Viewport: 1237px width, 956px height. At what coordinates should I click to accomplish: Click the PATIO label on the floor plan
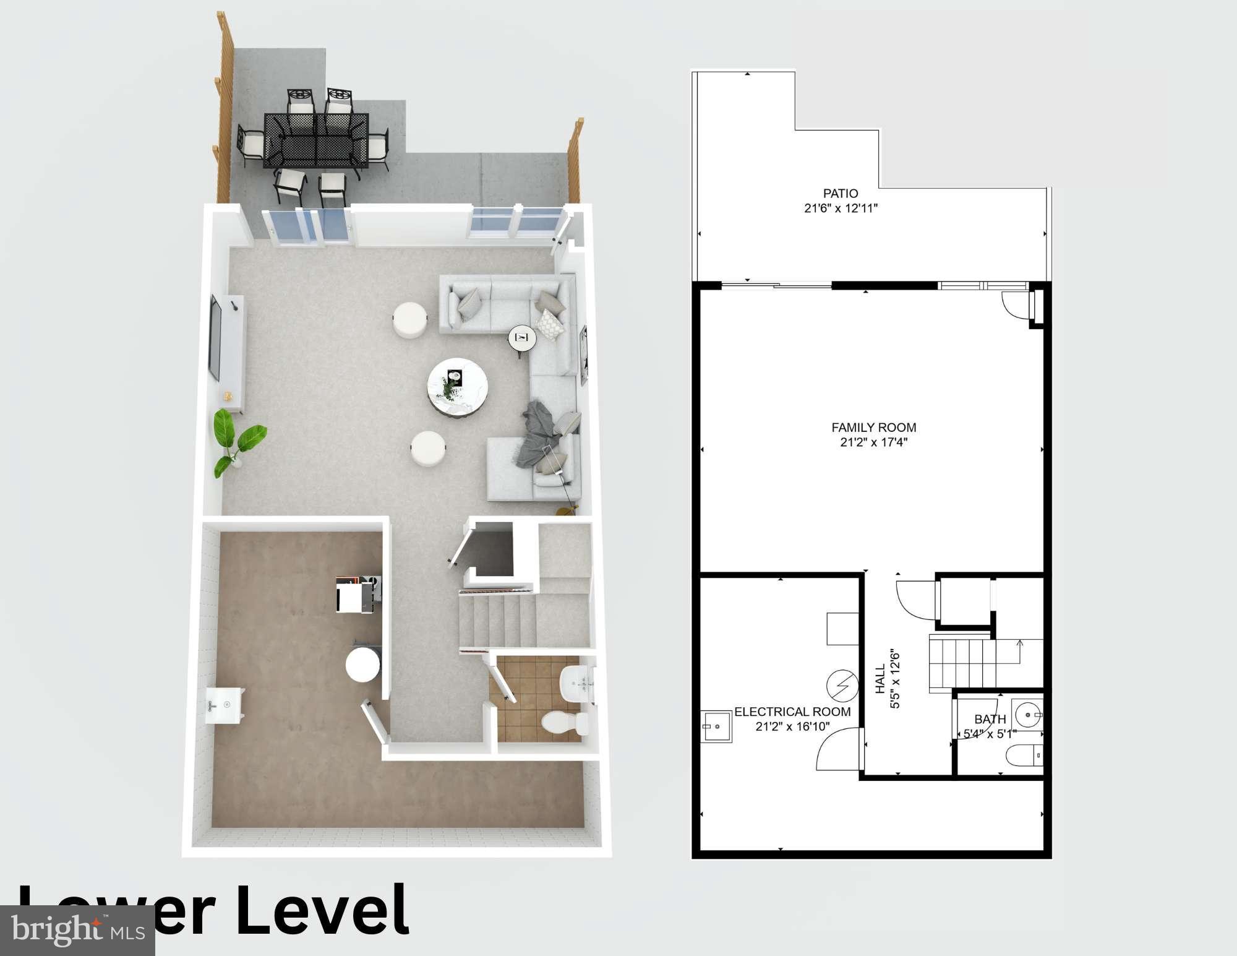841,194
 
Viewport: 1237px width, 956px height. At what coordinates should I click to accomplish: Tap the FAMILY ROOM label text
873,428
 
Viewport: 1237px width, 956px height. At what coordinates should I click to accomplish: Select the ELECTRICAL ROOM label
792,712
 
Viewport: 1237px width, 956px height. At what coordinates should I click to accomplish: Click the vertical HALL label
880,679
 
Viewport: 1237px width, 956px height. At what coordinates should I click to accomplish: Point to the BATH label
990,719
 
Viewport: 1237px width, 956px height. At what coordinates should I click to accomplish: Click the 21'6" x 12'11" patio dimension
841,209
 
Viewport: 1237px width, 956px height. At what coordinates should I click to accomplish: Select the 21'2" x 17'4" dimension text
873,442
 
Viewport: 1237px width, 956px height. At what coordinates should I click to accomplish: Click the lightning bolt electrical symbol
842,686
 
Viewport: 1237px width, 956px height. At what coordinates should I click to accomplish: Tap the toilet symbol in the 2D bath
1025,756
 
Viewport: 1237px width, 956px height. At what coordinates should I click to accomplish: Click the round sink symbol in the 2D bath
1027,715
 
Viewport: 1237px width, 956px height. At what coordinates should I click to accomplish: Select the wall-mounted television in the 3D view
215,338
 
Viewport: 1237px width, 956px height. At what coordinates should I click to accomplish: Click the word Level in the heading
322,911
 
